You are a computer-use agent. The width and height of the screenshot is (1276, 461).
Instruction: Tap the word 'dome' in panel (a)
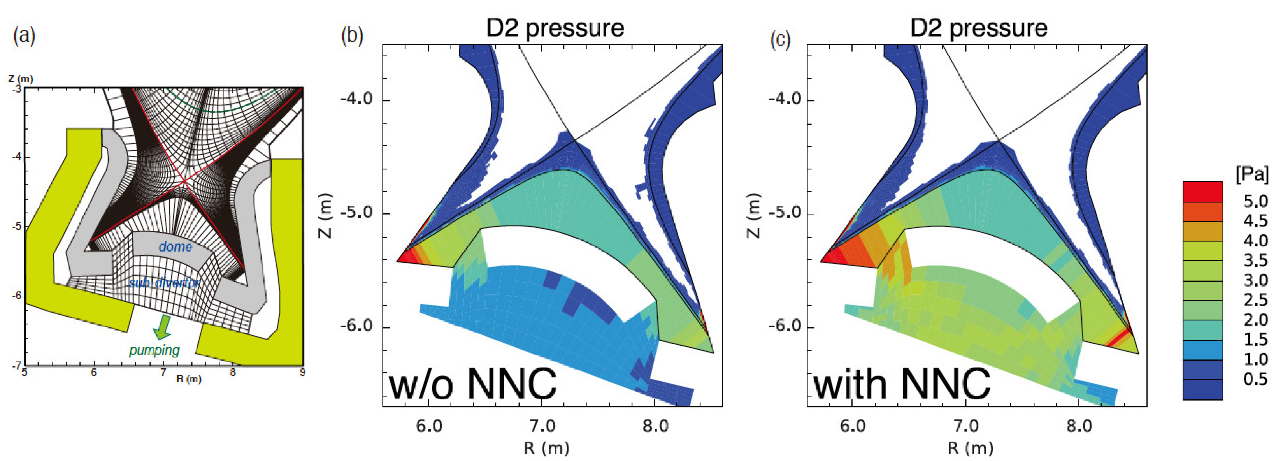tap(176, 246)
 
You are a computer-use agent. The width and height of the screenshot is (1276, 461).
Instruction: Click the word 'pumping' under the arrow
tap(154, 350)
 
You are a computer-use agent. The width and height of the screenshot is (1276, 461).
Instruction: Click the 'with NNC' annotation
tap(902, 384)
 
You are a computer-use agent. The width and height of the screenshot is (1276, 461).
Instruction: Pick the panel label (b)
tap(352, 36)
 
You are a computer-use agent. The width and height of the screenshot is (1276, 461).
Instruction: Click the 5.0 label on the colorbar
tap(1255, 201)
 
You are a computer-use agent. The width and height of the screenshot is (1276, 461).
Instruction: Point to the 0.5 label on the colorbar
tap(1255, 379)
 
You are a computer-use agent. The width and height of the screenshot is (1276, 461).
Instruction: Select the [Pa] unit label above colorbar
tap(1252, 174)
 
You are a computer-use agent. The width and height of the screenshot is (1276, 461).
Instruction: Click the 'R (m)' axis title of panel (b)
tap(546, 448)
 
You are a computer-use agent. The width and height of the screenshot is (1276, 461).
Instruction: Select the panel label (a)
tap(24, 36)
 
